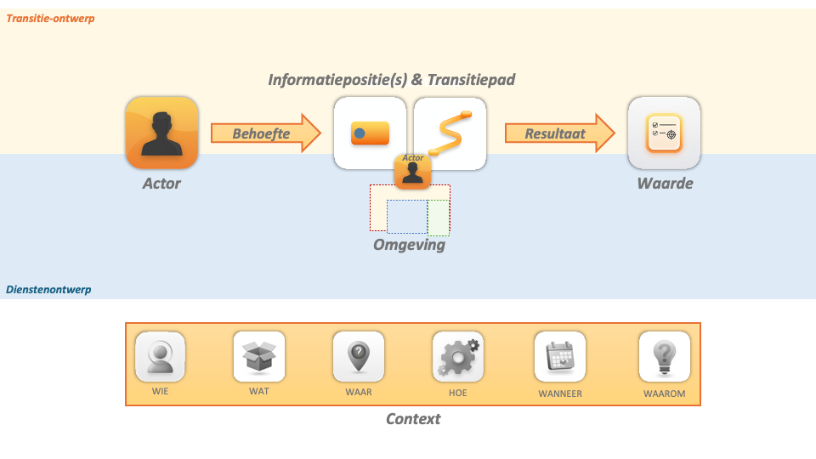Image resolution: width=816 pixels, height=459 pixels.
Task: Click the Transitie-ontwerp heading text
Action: [51, 18]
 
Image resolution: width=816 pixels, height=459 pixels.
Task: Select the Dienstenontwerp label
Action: [48, 290]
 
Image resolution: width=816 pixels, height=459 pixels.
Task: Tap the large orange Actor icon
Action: [161, 133]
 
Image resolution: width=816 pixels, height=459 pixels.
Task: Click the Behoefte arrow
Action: [264, 133]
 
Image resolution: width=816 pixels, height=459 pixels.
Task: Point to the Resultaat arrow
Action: [558, 133]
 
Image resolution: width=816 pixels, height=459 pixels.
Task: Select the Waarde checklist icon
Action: [664, 133]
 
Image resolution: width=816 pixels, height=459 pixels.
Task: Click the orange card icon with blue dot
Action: [370, 133]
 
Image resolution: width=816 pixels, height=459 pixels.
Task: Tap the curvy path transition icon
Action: [450, 132]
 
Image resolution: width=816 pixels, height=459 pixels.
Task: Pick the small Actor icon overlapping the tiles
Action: [413, 171]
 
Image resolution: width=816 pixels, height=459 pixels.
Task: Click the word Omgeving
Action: [409, 245]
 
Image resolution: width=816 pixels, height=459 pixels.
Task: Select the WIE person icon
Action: [161, 357]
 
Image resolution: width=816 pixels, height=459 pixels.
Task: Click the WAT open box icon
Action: [259, 357]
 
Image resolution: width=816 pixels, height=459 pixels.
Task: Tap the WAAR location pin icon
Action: [359, 357]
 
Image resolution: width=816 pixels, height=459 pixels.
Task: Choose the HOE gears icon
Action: [458, 357]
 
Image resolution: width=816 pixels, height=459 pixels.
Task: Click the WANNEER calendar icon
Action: [560, 357]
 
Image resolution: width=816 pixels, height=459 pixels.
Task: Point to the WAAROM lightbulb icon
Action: [664, 357]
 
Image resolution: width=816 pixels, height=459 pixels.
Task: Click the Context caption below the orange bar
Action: [413, 419]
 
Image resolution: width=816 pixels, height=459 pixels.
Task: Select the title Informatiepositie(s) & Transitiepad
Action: [392, 80]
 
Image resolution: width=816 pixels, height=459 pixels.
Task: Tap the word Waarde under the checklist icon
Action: [666, 183]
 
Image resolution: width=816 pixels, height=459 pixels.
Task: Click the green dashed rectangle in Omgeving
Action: [439, 218]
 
